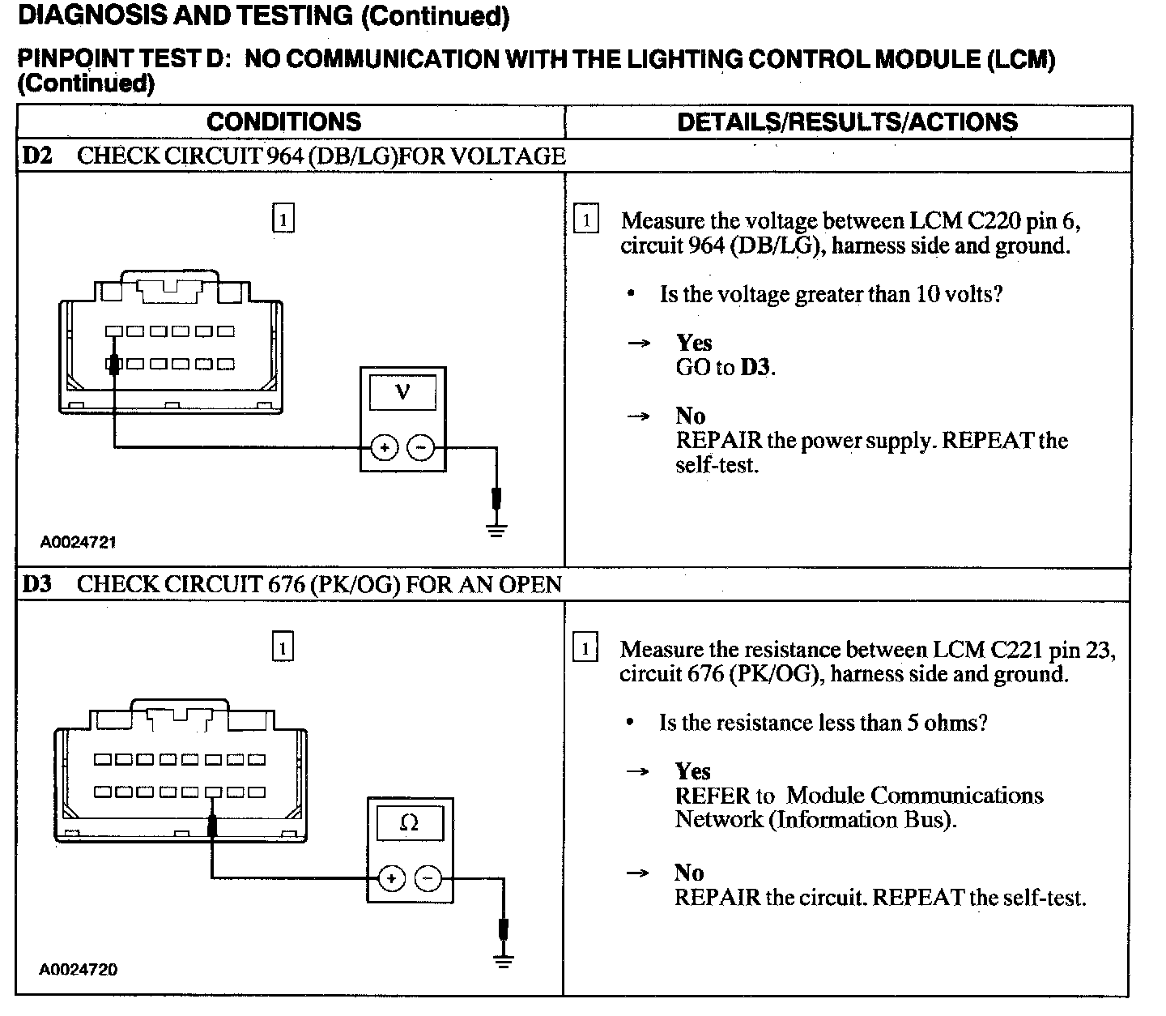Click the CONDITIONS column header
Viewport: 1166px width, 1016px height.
pos(283,122)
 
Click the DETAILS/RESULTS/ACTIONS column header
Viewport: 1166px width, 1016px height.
pos(847,122)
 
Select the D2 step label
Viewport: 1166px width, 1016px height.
pos(37,156)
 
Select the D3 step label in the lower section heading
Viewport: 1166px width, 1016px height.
pos(37,584)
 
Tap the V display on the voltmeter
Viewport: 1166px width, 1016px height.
pos(402,393)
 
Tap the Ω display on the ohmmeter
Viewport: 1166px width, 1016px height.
pos(410,823)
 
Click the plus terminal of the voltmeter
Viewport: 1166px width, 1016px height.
pos(384,447)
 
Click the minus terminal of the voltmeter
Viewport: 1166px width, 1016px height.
pos(420,447)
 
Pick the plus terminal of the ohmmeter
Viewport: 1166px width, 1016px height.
pos(392,878)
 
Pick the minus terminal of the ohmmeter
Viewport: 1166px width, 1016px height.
pos(428,878)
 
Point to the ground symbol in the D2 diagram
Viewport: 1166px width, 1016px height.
pos(496,531)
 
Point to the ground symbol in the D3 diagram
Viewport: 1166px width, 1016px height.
pos(504,962)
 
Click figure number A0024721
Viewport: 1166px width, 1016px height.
pos(79,541)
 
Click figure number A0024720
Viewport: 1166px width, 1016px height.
pos(79,969)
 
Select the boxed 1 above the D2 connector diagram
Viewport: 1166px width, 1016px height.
pos(283,220)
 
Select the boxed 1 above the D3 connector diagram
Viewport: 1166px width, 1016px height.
pos(283,648)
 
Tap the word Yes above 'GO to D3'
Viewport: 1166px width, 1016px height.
pos(694,343)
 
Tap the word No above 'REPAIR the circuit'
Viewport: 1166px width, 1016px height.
pos(689,873)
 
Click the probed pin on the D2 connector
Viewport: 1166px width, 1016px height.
pos(114,364)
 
